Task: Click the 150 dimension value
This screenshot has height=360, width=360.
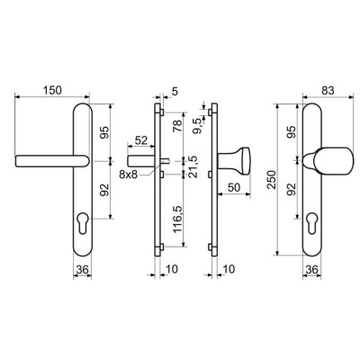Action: pos(52,90)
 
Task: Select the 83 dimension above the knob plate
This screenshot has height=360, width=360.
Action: pos(328,90)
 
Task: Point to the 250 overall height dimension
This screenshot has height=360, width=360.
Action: pos(272,179)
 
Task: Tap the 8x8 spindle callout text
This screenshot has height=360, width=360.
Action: pos(128,175)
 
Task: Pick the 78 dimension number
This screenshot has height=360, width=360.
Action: pos(177,125)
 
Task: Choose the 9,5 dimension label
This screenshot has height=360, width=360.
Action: pos(199,126)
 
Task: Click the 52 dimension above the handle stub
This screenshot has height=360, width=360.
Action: pos(141,140)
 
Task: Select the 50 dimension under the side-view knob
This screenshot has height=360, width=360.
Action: pos(234,187)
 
